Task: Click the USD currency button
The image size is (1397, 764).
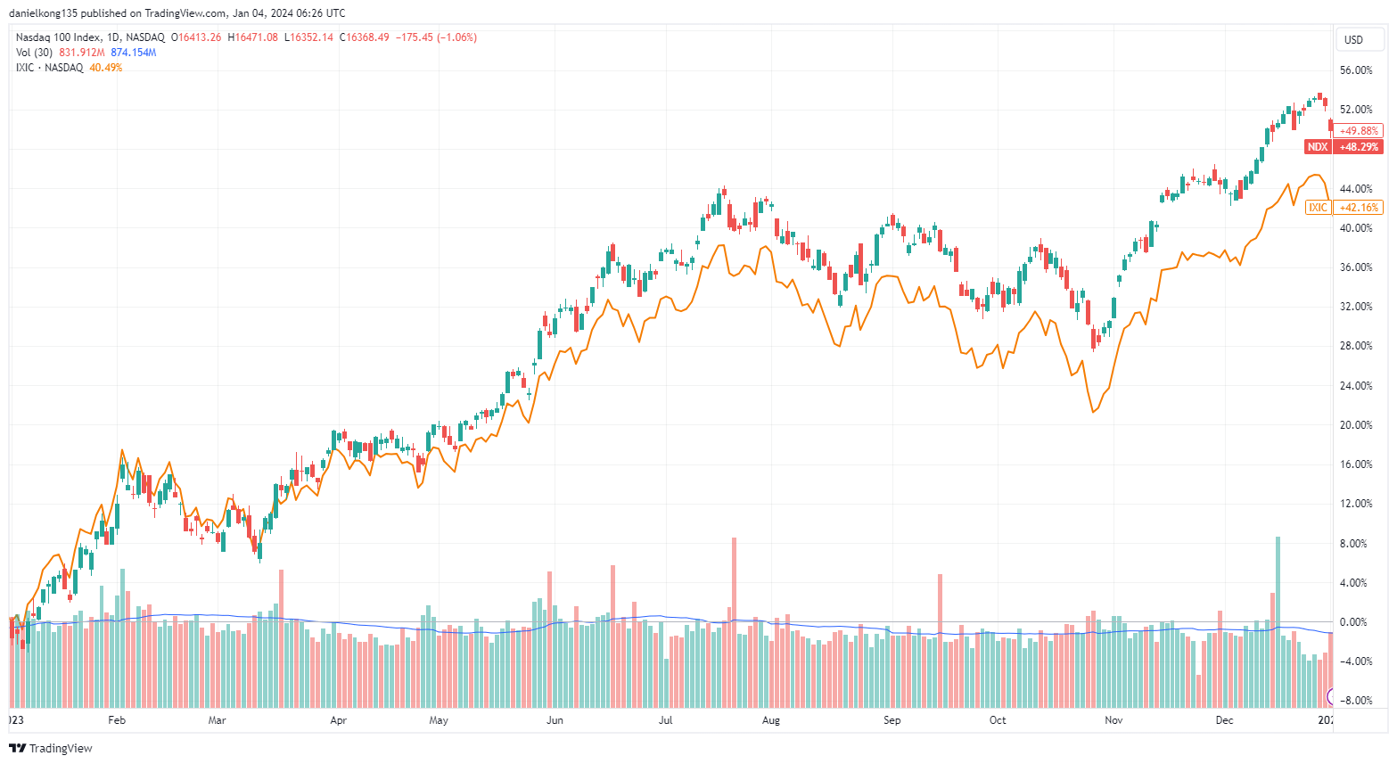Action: click(1353, 39)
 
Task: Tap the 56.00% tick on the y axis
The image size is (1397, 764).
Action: click(1356, 70)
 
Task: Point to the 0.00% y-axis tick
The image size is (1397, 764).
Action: click(1355, 622)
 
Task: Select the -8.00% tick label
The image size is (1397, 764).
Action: click(1355, 701)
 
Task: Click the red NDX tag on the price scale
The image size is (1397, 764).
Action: click(1318, 147)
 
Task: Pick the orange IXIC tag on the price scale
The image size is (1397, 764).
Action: click(1318, 208)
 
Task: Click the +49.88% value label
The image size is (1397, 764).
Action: click(1359, 131)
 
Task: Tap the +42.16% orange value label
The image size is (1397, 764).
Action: click(1359, 208)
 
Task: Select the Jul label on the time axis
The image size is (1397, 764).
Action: click(666, 720)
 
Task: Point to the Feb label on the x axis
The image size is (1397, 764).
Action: click(117, 720)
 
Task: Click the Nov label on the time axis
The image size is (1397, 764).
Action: click(1113, 720)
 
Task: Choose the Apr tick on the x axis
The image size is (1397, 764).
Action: click(338, 720)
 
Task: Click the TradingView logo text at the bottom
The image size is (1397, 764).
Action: click(61, 749)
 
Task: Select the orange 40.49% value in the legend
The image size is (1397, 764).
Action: click(105, 68)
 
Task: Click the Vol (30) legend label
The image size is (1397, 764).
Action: click(34, 53)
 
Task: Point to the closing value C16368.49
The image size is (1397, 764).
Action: click(364, 37)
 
